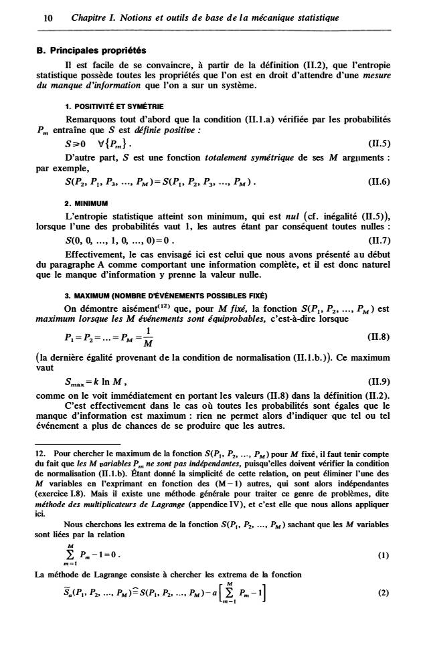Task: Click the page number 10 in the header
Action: click(x=48, y=17)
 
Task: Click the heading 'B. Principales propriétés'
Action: click(x=90, y=50)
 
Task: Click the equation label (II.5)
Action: click(x=379, y=143)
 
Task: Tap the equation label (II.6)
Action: click(x=379, y=181)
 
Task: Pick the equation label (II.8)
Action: click(x=379, y=337)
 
